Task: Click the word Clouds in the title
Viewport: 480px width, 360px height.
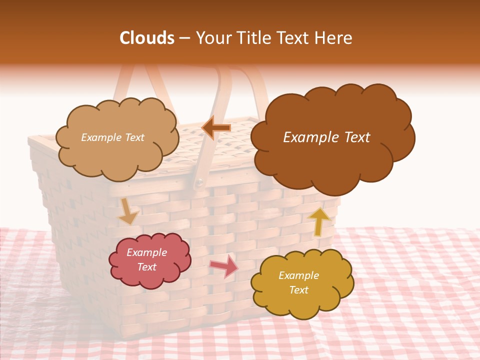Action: point(146,38)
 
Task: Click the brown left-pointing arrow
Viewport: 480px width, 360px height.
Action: point(216,128)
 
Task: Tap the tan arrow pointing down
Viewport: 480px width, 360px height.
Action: point(128,211)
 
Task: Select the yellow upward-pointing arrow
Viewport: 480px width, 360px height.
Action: point(319,221)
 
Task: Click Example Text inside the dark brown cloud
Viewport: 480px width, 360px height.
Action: point(326,137)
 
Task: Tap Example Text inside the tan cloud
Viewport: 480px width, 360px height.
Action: point(112,137)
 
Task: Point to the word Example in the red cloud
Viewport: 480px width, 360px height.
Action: point(146,252)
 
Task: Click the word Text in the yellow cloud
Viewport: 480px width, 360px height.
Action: point(298,290)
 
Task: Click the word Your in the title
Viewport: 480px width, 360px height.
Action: point(212,38)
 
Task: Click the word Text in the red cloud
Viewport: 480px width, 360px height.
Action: point(146,267)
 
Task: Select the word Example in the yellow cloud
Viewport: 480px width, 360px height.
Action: point(298,275)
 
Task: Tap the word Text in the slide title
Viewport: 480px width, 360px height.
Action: point(295,38)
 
